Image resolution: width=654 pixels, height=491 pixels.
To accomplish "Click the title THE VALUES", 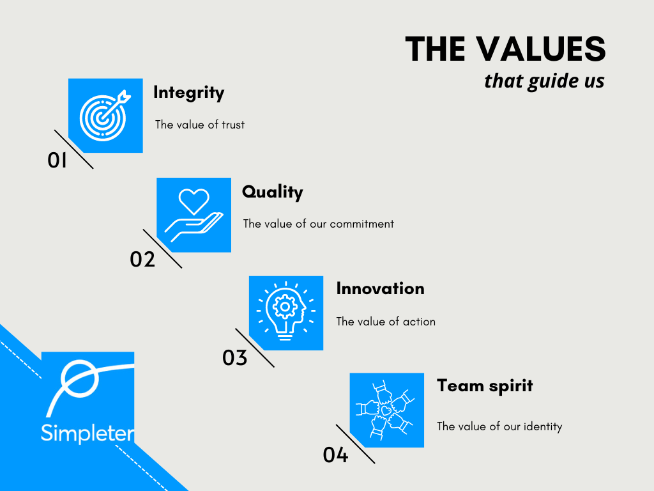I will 505,49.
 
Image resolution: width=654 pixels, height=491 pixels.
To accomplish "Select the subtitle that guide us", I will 544,81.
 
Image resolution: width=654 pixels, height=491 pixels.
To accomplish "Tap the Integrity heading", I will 188,93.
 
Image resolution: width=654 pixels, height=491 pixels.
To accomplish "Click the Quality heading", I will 272,192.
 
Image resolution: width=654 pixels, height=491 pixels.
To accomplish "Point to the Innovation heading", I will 380,288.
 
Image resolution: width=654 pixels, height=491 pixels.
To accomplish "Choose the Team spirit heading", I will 484,386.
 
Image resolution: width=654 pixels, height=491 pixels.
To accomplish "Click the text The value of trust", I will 199,125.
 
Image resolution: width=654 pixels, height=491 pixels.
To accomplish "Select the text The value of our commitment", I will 318,224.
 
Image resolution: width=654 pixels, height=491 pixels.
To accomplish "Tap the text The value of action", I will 386,322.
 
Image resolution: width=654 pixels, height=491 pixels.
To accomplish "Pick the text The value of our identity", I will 499,426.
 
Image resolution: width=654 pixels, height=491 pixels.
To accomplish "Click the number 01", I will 57,161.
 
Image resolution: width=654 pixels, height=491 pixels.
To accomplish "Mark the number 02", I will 142,260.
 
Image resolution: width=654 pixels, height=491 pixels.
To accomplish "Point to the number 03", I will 234,358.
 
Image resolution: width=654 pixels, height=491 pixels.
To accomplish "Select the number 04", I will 335,455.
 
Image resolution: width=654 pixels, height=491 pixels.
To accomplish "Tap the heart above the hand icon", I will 193,201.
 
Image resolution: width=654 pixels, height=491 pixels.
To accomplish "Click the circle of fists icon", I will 386,410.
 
